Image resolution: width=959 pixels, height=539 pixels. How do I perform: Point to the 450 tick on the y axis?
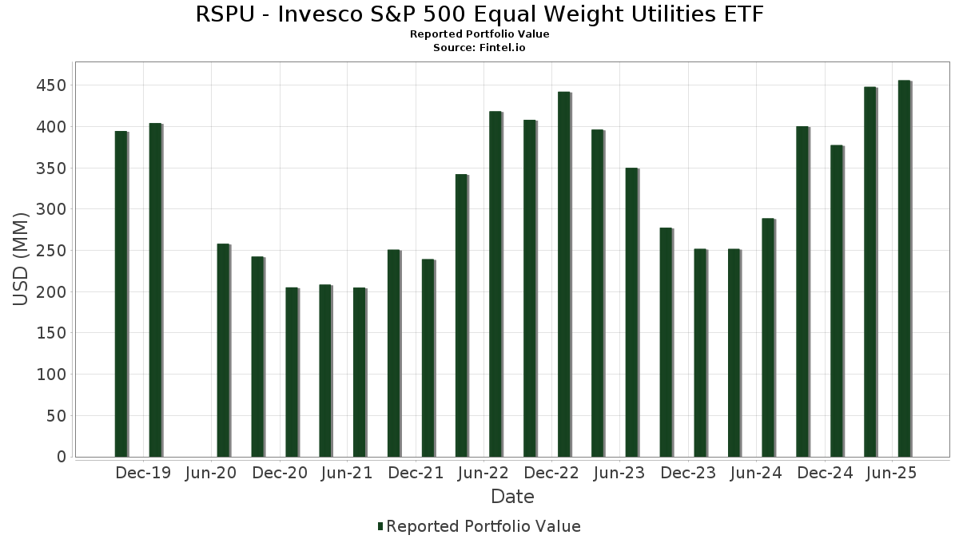(52, 85)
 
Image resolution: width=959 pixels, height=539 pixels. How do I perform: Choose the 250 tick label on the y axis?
(52, 251)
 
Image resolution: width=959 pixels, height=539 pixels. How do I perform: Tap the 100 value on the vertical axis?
(52, 375)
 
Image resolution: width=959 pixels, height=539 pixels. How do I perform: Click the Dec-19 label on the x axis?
(143, 474)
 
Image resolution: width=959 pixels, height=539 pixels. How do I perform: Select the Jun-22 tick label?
(483, 474)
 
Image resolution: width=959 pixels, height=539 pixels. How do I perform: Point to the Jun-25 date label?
(892, 474)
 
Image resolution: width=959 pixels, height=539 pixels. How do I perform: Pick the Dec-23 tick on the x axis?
(688, 474)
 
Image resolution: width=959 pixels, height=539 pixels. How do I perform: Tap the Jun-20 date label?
(211, 474)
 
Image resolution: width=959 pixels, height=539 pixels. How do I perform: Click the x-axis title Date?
(512, 497)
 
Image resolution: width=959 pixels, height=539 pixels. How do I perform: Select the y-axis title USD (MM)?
(22, 259)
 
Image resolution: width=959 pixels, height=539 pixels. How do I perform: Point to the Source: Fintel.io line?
(479, 48)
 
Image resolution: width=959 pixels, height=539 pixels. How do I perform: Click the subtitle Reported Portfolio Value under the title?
(479, 34)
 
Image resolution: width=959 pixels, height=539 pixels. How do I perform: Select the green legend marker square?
(380, 526)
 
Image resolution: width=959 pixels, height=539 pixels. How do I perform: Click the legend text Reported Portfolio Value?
(483, 526)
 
